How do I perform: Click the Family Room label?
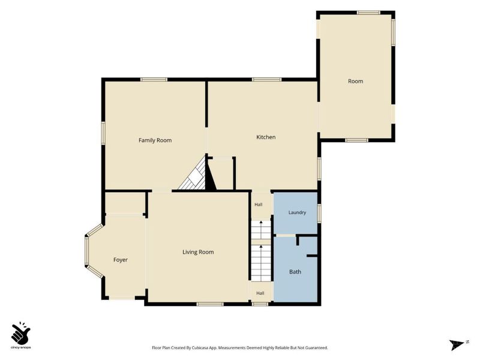click(x=155, y=140)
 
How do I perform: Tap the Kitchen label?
click(x=266, y=137)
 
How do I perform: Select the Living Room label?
click(x=198, y=252)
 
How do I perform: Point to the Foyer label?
click(x=121, y=260)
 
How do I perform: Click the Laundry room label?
click(x=297, y=212)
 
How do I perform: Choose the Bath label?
click(x=295, y=272)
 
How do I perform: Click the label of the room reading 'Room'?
click(x=355, y=82)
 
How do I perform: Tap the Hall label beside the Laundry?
click(x=259, y=205)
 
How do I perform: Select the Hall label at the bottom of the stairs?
click(x=260, y=293)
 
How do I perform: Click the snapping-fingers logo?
click(x=21, y=334)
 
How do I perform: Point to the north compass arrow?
click(x=457, y=344)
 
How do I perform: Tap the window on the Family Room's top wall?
click(x=154, y=80)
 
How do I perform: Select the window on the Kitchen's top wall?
click(x=266, y=80)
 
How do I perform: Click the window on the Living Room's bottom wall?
click(x=210, y=304)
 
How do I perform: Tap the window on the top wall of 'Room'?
click(x=368, y=13)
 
